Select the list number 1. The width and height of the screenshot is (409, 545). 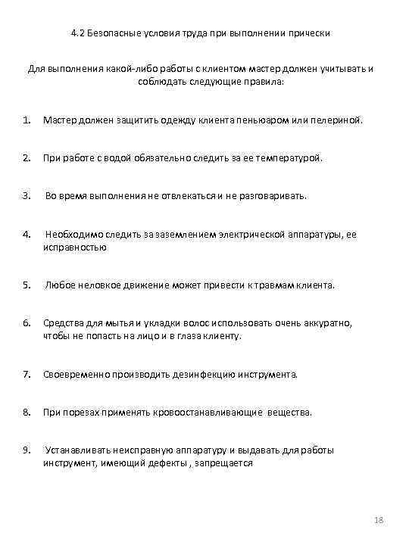(27, 120)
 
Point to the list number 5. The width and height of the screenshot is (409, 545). (27, 285)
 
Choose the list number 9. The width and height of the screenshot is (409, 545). (27, 450)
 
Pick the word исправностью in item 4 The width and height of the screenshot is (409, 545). (75, 247)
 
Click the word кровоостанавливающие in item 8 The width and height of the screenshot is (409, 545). (199, 413)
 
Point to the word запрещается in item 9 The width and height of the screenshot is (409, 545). (226, 462)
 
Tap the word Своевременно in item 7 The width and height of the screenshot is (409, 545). (76, 374)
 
